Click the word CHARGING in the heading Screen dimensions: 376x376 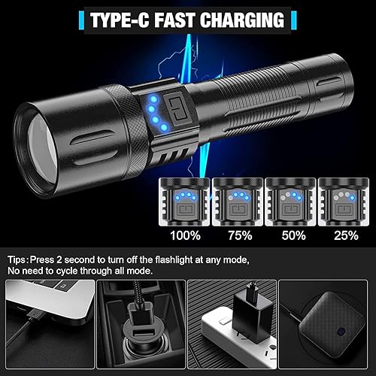coord(243,18)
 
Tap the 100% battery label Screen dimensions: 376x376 coord(185,235)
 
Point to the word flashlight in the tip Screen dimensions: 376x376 coord(192,259)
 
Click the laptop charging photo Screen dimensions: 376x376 coord(47,325)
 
